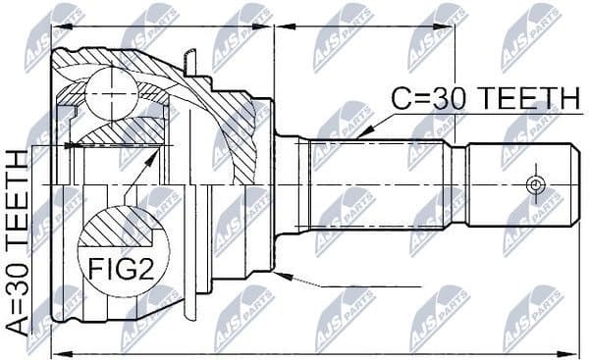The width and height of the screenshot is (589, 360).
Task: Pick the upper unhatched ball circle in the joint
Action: (x=108, y=94)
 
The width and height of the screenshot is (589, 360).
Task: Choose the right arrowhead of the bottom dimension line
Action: (x=566, y=351)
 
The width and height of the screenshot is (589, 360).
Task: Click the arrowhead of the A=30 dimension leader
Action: (x=68, y=146)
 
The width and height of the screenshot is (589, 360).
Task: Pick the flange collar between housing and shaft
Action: (x=287, y=183)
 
